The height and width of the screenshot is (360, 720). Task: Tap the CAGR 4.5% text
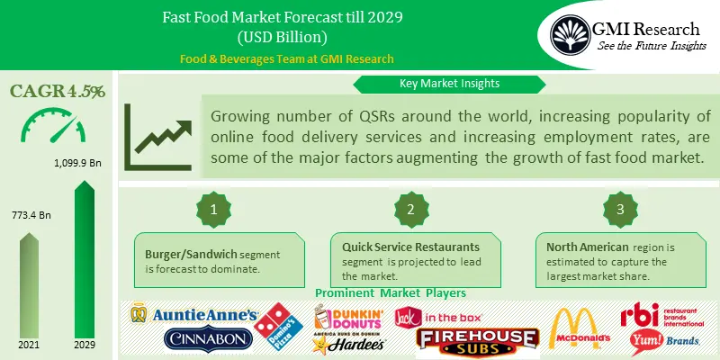pos(58,91)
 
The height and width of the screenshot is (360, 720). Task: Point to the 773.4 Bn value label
pos(32,216)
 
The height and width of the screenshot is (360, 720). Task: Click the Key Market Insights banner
pos(449,84)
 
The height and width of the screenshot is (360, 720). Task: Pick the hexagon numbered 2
pos(410,208)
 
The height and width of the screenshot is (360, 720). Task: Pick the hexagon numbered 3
pos(620,208)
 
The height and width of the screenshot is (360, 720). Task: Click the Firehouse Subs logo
pos(477,338)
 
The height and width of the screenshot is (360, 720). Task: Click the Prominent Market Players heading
pos(389,292)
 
